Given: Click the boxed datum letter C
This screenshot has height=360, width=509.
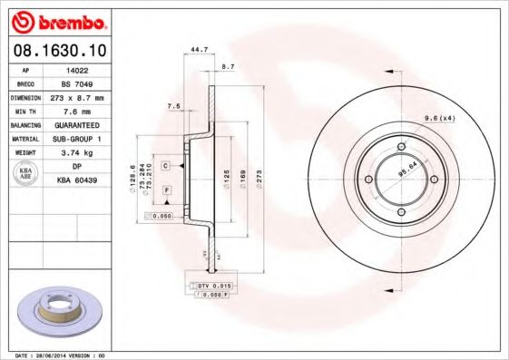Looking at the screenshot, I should click(x=166, y=166).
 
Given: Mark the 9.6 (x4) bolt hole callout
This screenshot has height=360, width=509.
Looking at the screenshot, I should click(x=439, y=118).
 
